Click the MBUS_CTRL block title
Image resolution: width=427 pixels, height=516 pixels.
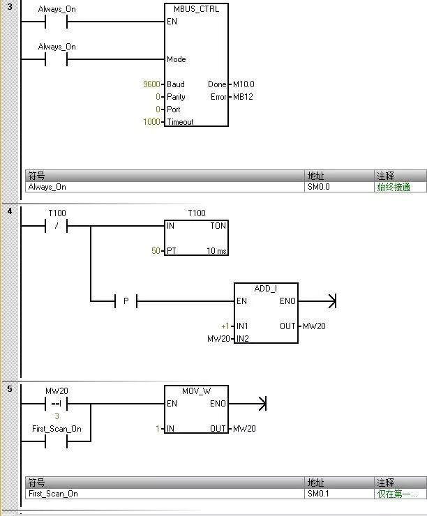[196, 9]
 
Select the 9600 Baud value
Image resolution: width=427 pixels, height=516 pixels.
[151, 84]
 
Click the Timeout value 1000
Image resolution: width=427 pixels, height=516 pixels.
[151, 122]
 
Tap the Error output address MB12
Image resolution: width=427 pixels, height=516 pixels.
[243, 97]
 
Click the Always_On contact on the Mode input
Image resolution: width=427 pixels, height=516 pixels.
[56, 59]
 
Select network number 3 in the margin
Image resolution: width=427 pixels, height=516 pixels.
[9, 7]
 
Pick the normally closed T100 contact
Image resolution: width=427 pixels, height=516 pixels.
[56, 225]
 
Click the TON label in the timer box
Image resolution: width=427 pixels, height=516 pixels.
[218, 225]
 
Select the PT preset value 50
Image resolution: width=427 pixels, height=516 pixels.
[156, 250]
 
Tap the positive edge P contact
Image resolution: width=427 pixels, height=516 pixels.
[126, 301]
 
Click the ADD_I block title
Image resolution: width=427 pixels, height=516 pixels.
[266, 289]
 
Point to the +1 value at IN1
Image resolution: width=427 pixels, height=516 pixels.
[225, 326]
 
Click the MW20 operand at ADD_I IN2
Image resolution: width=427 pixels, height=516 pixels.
[218, 339]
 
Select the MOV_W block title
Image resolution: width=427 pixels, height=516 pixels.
[196, 391]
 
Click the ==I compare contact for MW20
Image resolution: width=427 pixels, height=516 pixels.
[56, 403]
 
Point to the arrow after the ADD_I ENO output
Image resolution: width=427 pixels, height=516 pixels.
[331, 301]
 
